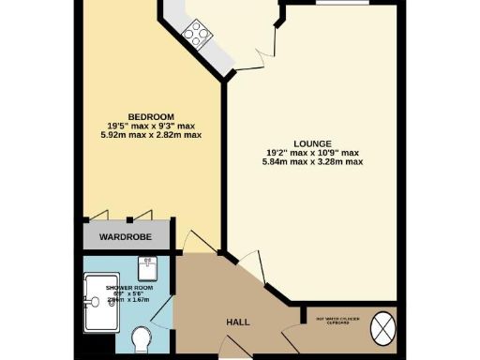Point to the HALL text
point(237,322)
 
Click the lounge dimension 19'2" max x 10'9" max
point(313,153)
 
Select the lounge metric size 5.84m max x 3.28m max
point(313,162)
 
